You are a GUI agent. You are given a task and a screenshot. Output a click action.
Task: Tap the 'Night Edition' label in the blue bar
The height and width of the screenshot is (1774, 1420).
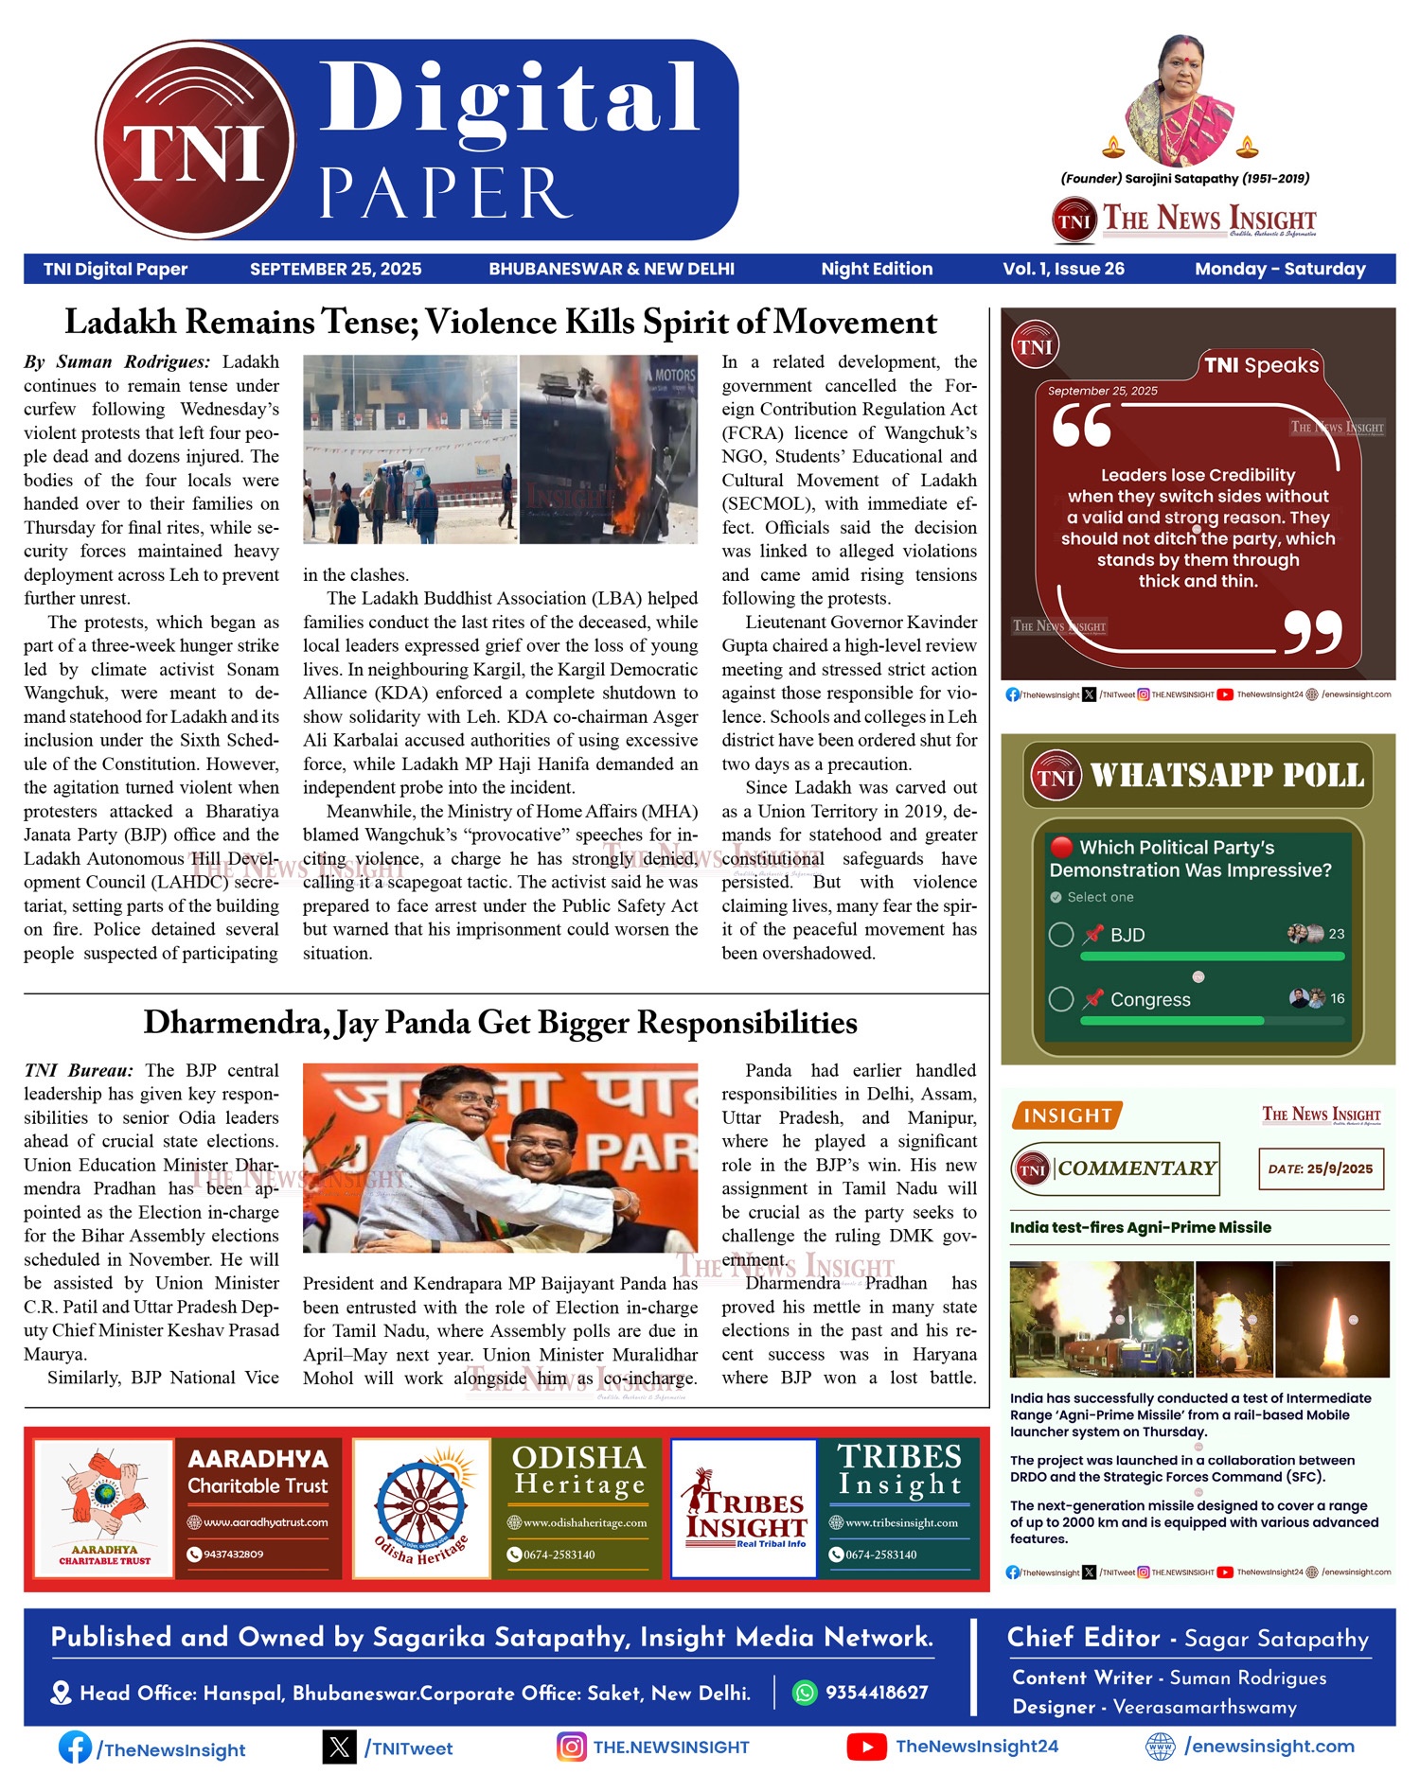point(877,269)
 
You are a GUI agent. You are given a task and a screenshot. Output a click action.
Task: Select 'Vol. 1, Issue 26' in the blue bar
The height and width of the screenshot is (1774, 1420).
point(1063,269)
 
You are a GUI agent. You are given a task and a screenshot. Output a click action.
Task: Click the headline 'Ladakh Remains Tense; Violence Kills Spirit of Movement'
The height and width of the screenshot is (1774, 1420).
point(501,323)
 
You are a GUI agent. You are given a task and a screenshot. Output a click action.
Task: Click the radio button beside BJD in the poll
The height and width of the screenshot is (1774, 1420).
point(1061,935)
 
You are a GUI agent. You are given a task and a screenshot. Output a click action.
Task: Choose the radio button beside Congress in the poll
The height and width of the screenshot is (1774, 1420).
point(1061,999)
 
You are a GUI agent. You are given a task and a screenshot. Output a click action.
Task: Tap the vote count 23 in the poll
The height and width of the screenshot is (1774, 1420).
point(1336,934)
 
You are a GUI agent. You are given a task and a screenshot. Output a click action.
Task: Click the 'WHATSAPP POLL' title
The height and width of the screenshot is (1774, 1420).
point(1227,776)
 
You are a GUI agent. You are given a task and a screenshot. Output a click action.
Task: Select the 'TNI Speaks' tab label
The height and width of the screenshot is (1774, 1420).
point(1261,365)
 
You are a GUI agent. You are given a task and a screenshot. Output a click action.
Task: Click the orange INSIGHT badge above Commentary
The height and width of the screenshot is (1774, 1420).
point(1067,1115)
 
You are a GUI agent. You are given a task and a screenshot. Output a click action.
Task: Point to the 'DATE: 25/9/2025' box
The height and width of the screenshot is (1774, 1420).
point(1321,1168)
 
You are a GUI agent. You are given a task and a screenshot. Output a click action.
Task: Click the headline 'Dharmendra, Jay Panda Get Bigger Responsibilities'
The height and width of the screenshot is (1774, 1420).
point(500,1023)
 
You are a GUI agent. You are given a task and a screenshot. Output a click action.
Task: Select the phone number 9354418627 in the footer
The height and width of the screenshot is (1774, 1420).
point(877,1693)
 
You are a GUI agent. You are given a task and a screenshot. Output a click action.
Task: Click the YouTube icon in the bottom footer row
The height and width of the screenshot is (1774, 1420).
point(866,1747)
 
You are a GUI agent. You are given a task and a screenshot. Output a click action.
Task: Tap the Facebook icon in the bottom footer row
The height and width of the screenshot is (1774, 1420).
point(75,1748)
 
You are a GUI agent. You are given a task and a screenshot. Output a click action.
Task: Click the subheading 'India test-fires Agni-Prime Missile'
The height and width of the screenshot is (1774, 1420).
point(1140,1227)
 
